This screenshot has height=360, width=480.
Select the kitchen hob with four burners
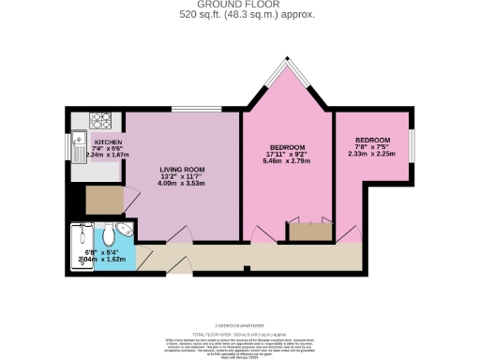pyautogui.click(x=100, y=120)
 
